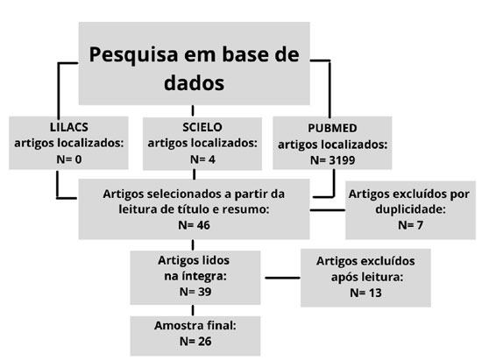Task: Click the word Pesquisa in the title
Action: point(133,55)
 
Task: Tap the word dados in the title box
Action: point(194,82)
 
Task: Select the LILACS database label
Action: point(69,127)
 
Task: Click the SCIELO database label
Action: point(202,127)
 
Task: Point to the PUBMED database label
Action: point(332,128)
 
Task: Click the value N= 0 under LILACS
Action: point(69,159)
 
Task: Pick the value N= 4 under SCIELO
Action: point(202,159)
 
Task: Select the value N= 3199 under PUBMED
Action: point(333,160)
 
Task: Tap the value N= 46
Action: point(194,225)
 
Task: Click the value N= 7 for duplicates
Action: point(410,225)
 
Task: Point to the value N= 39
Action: point(195,292)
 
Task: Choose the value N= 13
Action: point(365,293)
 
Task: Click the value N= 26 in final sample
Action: point(195,342)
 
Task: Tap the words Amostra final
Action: point(195,326)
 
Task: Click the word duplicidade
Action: point(410,209)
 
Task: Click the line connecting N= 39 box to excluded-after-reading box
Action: point(282,278)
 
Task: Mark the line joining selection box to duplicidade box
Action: point(328,210)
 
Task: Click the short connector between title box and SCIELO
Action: point(193,111)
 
